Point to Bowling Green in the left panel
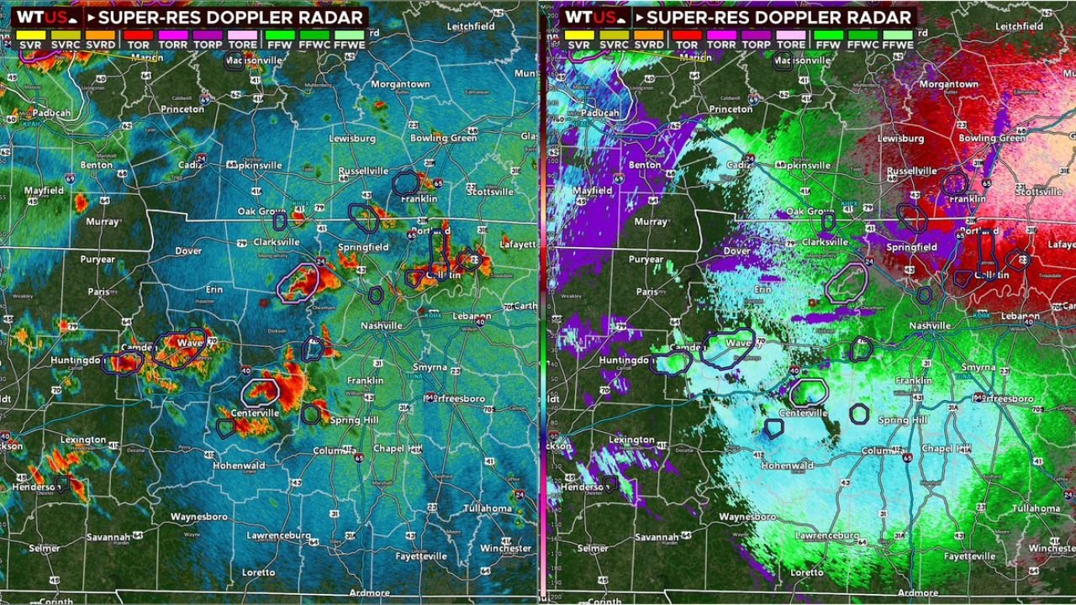click(x=443, y=138)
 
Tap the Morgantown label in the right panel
click(x=949, y=84)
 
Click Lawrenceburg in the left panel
click(x=279, y=535)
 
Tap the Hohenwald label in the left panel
click(x=239, y=465)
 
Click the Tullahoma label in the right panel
click(x=1036, y=508)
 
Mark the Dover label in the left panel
click(x=188, y=251)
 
